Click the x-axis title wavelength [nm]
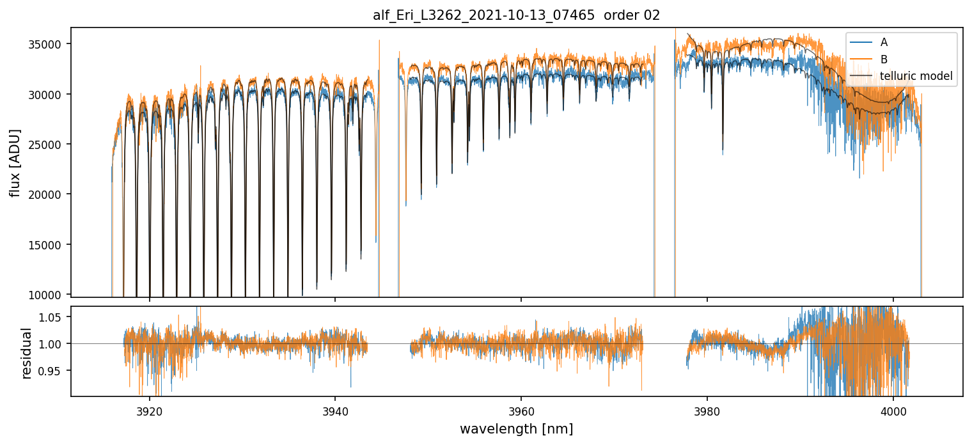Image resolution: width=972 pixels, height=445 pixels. point(516,428)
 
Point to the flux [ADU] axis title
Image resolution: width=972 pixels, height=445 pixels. point(15,162)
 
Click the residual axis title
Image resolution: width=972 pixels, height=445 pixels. point(27,352)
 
